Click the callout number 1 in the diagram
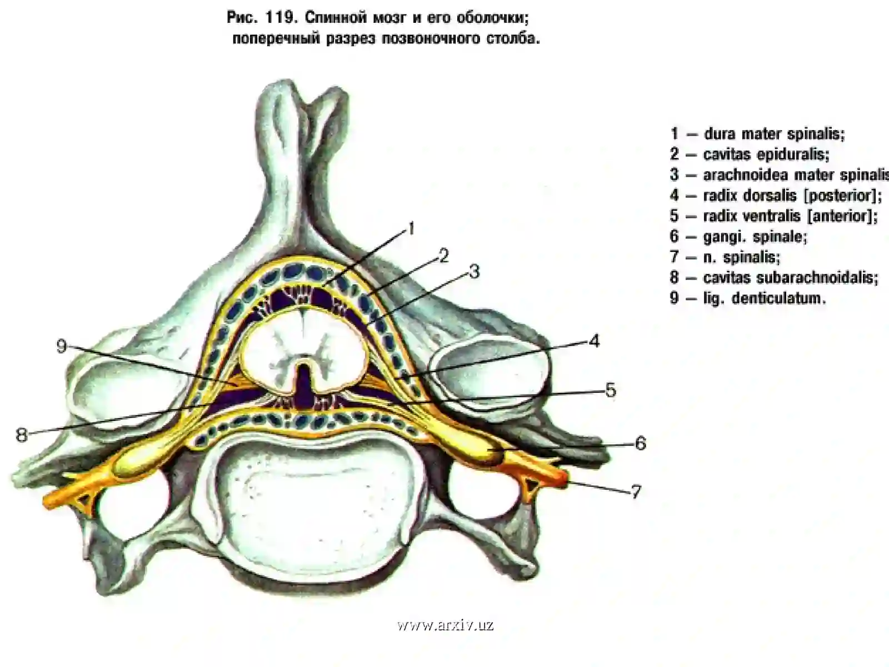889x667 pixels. click(411, 229)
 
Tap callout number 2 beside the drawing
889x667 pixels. click(443, 256)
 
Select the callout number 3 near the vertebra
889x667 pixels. click(475, 271)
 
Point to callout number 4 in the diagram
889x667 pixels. click(594, 341)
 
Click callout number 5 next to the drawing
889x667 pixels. click(610, 390)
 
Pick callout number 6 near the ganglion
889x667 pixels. click(640, 444)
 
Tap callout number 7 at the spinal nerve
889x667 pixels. click(636, 492)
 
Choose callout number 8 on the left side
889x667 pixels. click(22, 435)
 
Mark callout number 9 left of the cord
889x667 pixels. click(62, 346)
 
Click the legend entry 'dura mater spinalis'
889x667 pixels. click(775, 133)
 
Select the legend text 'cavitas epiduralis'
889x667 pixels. click(766, 155)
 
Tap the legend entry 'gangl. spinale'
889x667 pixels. click(755, 237)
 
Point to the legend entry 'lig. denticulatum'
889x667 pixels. click(764, 298)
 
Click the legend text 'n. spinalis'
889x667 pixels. click(742, 257)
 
